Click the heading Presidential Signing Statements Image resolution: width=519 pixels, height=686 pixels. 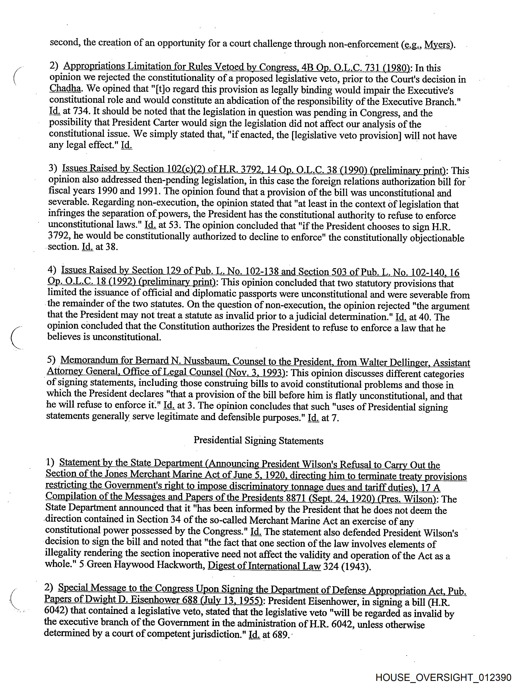[258, 441]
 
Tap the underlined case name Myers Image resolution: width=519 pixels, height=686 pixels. [437, 45]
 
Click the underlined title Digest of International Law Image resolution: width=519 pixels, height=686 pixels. [264, 565]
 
